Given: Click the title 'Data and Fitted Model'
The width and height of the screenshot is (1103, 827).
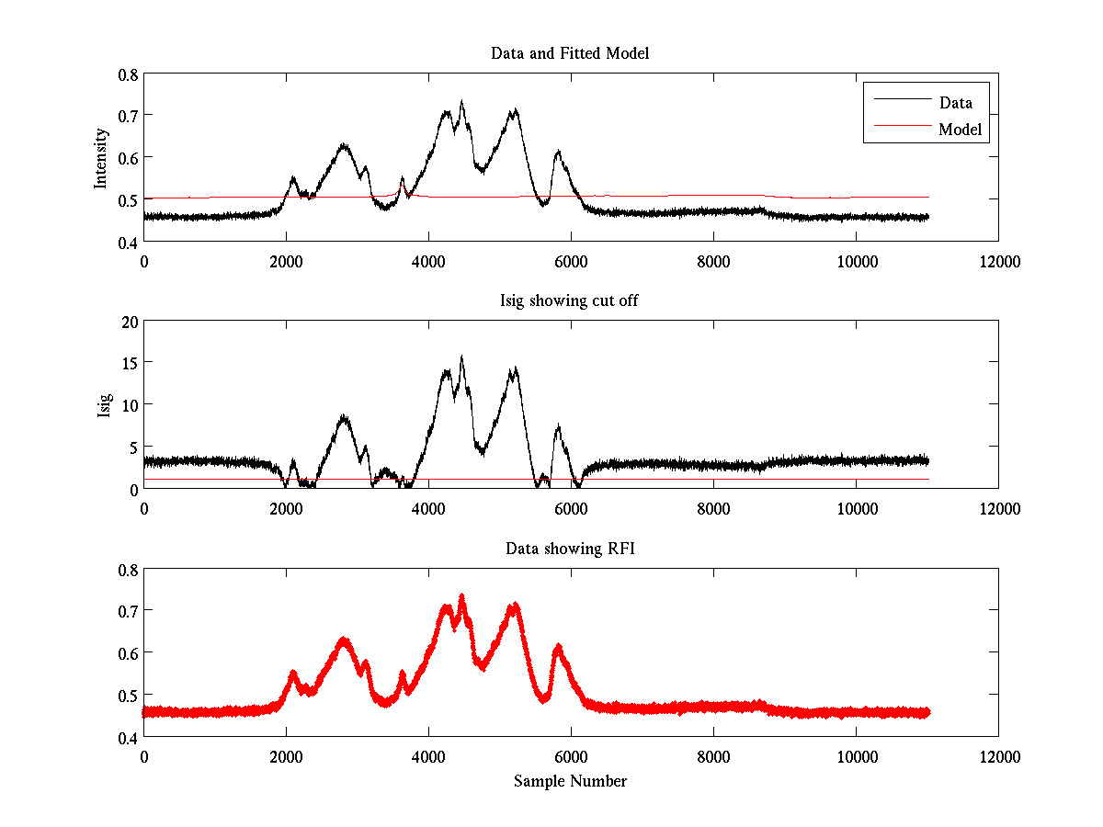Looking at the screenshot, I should [x=570, y=53].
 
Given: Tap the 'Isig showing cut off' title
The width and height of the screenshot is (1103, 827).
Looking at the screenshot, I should [x=570, y=301].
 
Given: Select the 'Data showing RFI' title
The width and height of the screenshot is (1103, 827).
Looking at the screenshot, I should [x=570, y=549].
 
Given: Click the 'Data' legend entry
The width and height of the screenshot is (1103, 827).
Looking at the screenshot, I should [x=955, y=102].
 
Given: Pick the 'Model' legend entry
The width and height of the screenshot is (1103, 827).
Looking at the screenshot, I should [x=961, y=130].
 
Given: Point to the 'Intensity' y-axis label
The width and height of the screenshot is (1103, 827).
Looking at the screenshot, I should [x=102, y=157].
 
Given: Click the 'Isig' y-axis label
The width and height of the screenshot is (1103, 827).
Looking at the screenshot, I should [x=104, y=405].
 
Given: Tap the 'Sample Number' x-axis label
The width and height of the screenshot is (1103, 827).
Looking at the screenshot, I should [x=570, y=781].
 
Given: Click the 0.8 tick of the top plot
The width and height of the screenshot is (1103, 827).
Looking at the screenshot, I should [x=127, y=74].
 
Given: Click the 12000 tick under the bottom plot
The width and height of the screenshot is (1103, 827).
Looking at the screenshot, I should [x=998, y=757].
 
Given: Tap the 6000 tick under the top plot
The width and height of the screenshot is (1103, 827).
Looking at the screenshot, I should [x=571, y=262].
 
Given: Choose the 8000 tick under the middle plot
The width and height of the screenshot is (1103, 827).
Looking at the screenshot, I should [x=713, y=509].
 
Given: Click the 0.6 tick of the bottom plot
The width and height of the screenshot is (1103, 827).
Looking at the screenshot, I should [x=127, y=652].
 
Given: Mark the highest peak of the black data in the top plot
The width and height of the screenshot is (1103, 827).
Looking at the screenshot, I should [x=461, y=102].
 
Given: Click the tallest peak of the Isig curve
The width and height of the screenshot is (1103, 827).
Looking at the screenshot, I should [x=461, y=357].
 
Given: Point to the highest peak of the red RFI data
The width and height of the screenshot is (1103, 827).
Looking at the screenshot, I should [x=461, y=596].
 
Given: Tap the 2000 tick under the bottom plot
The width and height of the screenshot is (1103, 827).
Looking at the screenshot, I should [x=286, y=757].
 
